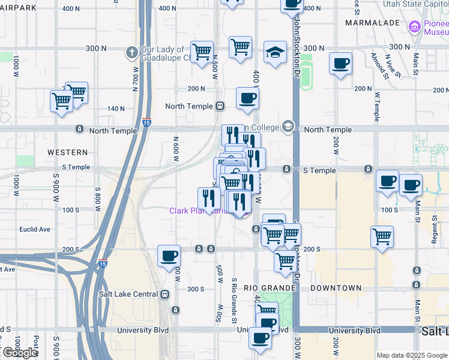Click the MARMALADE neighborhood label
click(x=373, y=23)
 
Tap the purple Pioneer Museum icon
click(x=414, y=26)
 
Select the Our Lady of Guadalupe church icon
click(x=131, y=52)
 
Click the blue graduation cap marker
click(x=275, y=53)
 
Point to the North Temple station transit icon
click(x=220, y=106)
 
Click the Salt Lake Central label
click(x=128, y=294)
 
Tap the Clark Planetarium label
click(x=198, y=211)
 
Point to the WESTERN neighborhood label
click(x=67, y=152)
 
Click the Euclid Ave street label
click(x=35, y=229)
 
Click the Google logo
click(x=19, y=353)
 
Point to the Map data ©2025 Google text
click(x=412, y=355)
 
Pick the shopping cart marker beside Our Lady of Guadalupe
click(x=202, y=52)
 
